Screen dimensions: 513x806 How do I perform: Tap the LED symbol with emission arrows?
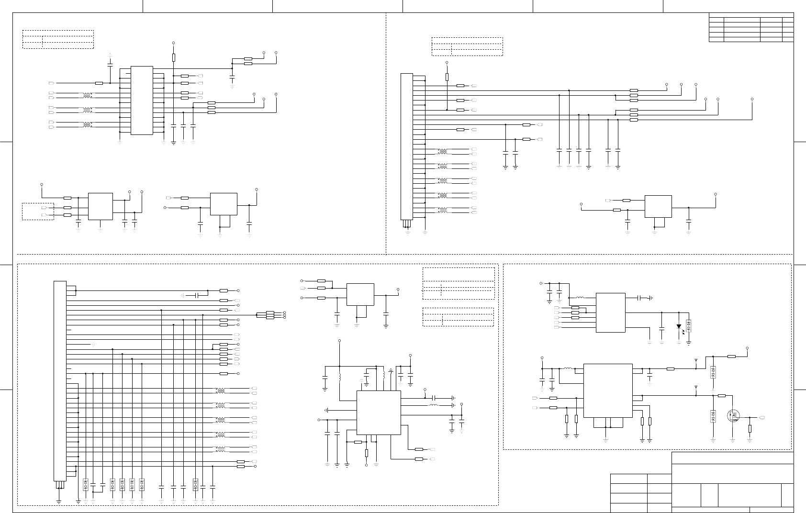tap(679, 327)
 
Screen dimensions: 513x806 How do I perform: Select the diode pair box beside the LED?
tap(689, 326)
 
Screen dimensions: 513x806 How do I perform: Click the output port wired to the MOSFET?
tap(762, 418)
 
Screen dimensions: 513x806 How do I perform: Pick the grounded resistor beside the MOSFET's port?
tap(750, 429)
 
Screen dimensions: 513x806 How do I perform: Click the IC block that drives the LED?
tap(611, 312)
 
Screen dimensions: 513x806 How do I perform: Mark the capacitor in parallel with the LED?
tap(661, 329)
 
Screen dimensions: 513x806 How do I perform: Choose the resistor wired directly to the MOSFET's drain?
tap(722, 396)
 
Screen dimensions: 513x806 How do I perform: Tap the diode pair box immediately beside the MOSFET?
tap(713, 416)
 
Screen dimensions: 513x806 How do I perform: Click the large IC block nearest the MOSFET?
tap(608, 390)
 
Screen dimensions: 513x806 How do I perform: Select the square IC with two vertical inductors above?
tap(379, 413)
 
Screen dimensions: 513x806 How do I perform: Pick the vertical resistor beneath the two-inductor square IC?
tap(367, 453)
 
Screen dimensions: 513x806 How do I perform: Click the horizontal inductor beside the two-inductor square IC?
tap(433, 405)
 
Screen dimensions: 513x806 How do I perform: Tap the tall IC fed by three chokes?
tap(142, 100)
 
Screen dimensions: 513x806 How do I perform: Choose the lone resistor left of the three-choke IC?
tap(99, 83)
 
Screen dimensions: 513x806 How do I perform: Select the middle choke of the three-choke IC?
tap(87, 110)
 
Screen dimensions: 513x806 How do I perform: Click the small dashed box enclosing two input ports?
tap(38, 211)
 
